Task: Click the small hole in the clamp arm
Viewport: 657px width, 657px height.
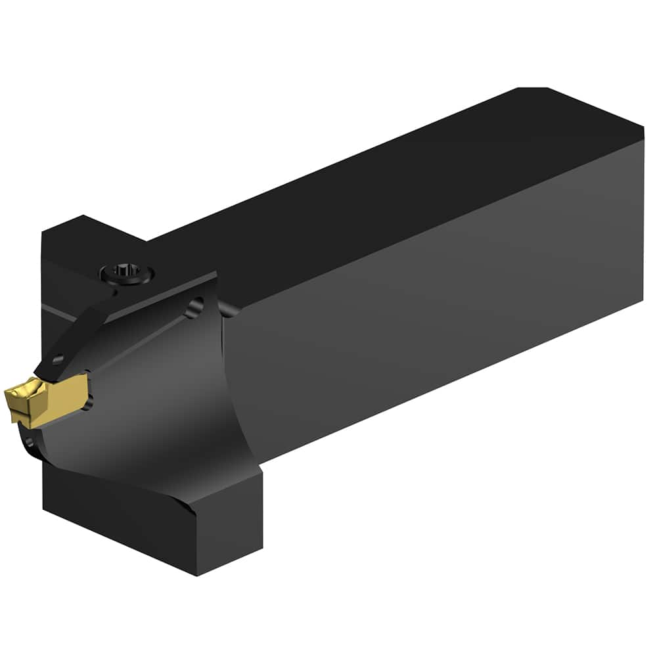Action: tap(57, 359)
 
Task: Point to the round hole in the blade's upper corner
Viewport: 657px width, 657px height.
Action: tap(193, 307)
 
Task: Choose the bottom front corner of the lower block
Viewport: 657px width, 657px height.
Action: tap(197, 574)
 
